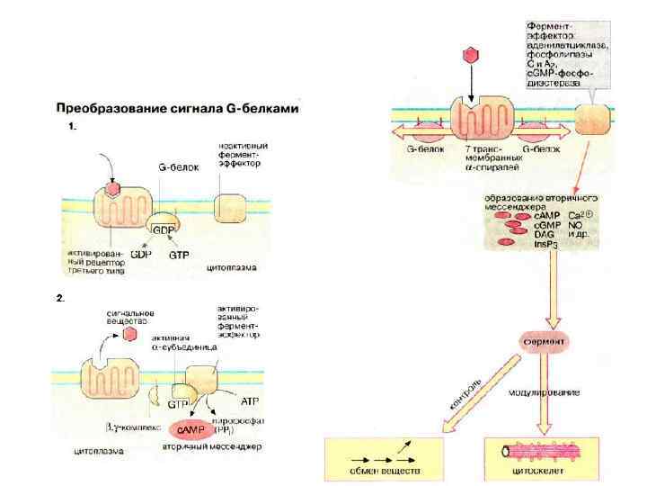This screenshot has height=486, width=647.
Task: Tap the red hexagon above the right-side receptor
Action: click(468, 55)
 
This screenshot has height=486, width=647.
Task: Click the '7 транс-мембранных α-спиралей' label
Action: click(478, 158)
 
